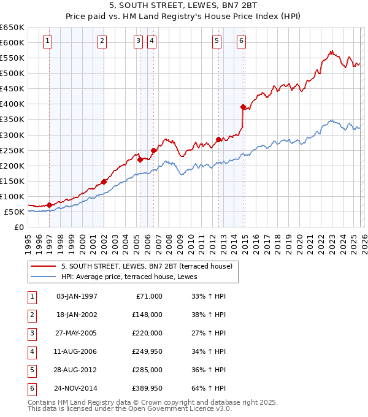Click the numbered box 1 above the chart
coord(47,41)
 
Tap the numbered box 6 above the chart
coord(242,41)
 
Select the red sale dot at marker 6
coord(243,107)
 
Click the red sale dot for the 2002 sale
coord(104,182)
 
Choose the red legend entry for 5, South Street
coord(147,266)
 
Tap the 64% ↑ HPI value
coord(205,388)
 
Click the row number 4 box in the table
coord(31,351)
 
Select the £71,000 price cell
coord(149,296)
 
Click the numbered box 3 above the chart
coord(138,41)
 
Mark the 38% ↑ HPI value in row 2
coord(205,314)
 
